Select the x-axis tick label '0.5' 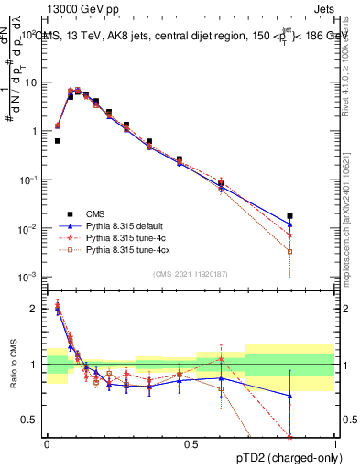pyautogui.click(x=191, y=444)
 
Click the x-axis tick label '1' pyautogui.click(x=334, y=444)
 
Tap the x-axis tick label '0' pyautogui.click(x=47, y=444)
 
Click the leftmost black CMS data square pyautogui.click(x=58, y=141)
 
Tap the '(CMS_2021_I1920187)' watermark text pyautogui.click(x=191, y=273)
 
